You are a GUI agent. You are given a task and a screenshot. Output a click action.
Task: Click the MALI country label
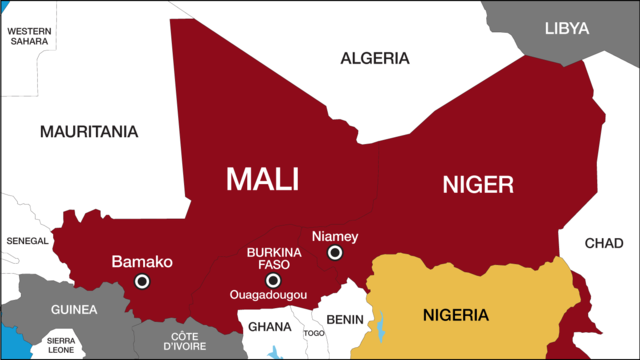pyautogui.click(x=263, y=179)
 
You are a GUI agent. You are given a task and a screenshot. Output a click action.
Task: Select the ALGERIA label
pyautogui.click(x=375, y=58)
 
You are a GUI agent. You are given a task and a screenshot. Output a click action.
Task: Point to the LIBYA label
pyautogui.click(x=567, y=28)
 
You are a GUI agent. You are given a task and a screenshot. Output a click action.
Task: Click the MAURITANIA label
pyautogui.click(x=89, y=131)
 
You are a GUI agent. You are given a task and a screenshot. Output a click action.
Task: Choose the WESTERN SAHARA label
pyautogui.click(x=29, y=36)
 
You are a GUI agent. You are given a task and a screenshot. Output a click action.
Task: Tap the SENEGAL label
pyautogui.click(x=27, y=241)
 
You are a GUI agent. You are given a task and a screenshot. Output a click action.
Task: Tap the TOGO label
pyautogui.click(x=314, y=333)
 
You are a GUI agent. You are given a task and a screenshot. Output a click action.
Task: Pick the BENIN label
pyautogui.click(x=345, y=319)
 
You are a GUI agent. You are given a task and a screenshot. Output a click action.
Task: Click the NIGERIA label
pyautogui.click(x=455, y=316)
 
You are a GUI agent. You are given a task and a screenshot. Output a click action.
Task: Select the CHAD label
pyautogui.click(x=603, y=243)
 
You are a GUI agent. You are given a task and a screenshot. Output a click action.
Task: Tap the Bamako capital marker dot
pyautogui.click(x=142, y=282)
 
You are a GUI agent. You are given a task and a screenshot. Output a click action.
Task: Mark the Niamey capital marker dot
pyautogui.click(x=334, y=254)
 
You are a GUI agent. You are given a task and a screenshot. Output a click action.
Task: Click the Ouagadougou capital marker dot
pyautogui.click(x=272, y=280)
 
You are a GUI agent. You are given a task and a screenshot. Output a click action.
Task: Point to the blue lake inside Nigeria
pyautogui.click(x=381, y=325)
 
